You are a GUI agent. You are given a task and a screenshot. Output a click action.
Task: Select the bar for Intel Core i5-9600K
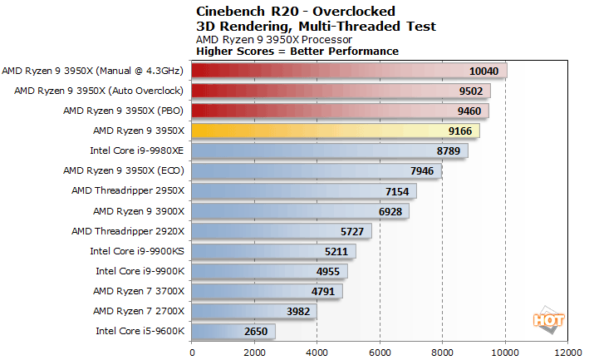point(233,331)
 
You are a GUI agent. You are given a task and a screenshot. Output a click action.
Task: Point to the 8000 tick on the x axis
point(443,351)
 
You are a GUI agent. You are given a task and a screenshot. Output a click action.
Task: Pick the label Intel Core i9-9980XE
point(138,150)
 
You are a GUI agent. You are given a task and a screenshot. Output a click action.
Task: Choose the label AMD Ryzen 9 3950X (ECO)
point(125,170)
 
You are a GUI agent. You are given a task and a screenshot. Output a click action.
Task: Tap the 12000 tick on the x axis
point(568,351)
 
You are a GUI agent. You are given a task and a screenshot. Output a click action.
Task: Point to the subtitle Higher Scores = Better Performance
point(297,51)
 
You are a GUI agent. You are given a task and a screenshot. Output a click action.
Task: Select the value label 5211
point(336,251)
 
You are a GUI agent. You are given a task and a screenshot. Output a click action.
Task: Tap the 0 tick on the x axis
point(192,351)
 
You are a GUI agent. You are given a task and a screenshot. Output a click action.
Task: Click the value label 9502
point(469,91)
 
